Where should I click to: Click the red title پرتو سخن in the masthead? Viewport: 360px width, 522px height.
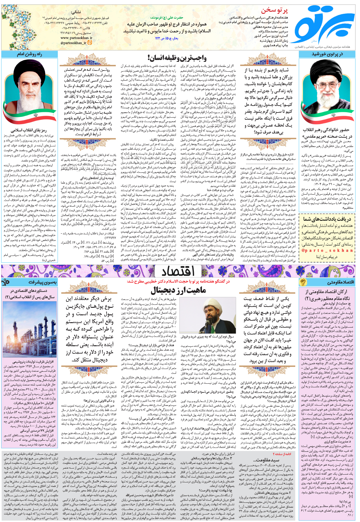tap(274, 10)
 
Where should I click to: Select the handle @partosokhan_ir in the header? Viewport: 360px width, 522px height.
tap(73, 43)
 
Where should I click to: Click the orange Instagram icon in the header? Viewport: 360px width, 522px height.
tap(90, 43)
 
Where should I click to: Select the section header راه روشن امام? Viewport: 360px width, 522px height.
tap(29, 54)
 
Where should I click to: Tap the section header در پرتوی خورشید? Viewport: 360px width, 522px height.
tap(327, 54)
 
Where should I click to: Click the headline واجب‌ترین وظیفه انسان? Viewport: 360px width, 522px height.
tap(177, 58)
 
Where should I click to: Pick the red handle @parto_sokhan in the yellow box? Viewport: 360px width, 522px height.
tap(327, 250)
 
